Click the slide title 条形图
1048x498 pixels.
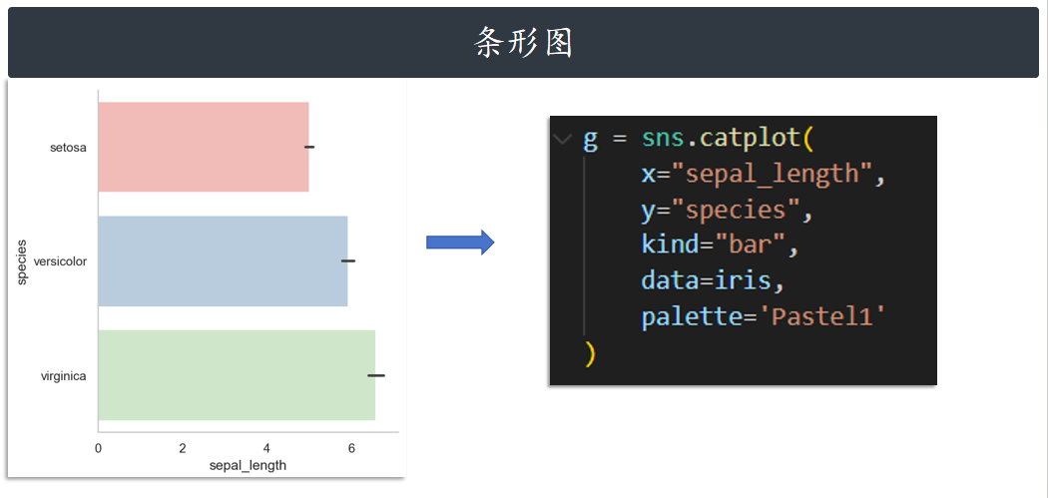[523, 43]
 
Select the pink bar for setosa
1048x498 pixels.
[204, 147]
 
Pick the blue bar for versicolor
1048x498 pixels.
[223, 260]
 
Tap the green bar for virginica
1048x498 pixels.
[237, 375]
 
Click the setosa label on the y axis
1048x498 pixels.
[68, 148]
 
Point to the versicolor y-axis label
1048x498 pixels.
[60, 261]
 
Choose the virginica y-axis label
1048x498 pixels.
[63, 376]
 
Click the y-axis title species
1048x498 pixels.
[21, 261]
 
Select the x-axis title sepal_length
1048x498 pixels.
[248, 465]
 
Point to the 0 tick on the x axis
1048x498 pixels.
[98, 448]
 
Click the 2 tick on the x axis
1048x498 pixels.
[183, 448]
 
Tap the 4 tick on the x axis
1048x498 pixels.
[266, 448]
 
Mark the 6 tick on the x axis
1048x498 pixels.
[351, 448]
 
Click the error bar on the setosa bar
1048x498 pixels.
[309, 147]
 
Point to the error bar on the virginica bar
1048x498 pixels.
[375, 375]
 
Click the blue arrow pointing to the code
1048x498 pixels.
[460, 243]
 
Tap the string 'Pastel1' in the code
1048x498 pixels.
[823, 317]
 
